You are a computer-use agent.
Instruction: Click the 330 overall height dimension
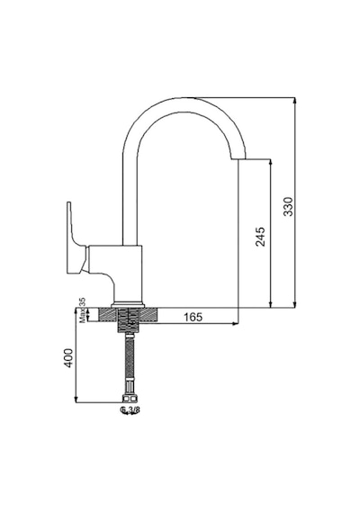click(288, 206)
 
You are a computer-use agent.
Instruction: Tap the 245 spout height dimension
click(260, 236)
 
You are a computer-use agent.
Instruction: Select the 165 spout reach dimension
click(193, 317)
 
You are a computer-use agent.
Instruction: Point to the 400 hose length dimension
click(68, 358)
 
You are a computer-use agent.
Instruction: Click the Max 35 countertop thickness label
click(83, 310)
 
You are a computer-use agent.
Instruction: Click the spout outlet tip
click(238, 159)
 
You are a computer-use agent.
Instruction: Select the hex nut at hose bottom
click(130, 399)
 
